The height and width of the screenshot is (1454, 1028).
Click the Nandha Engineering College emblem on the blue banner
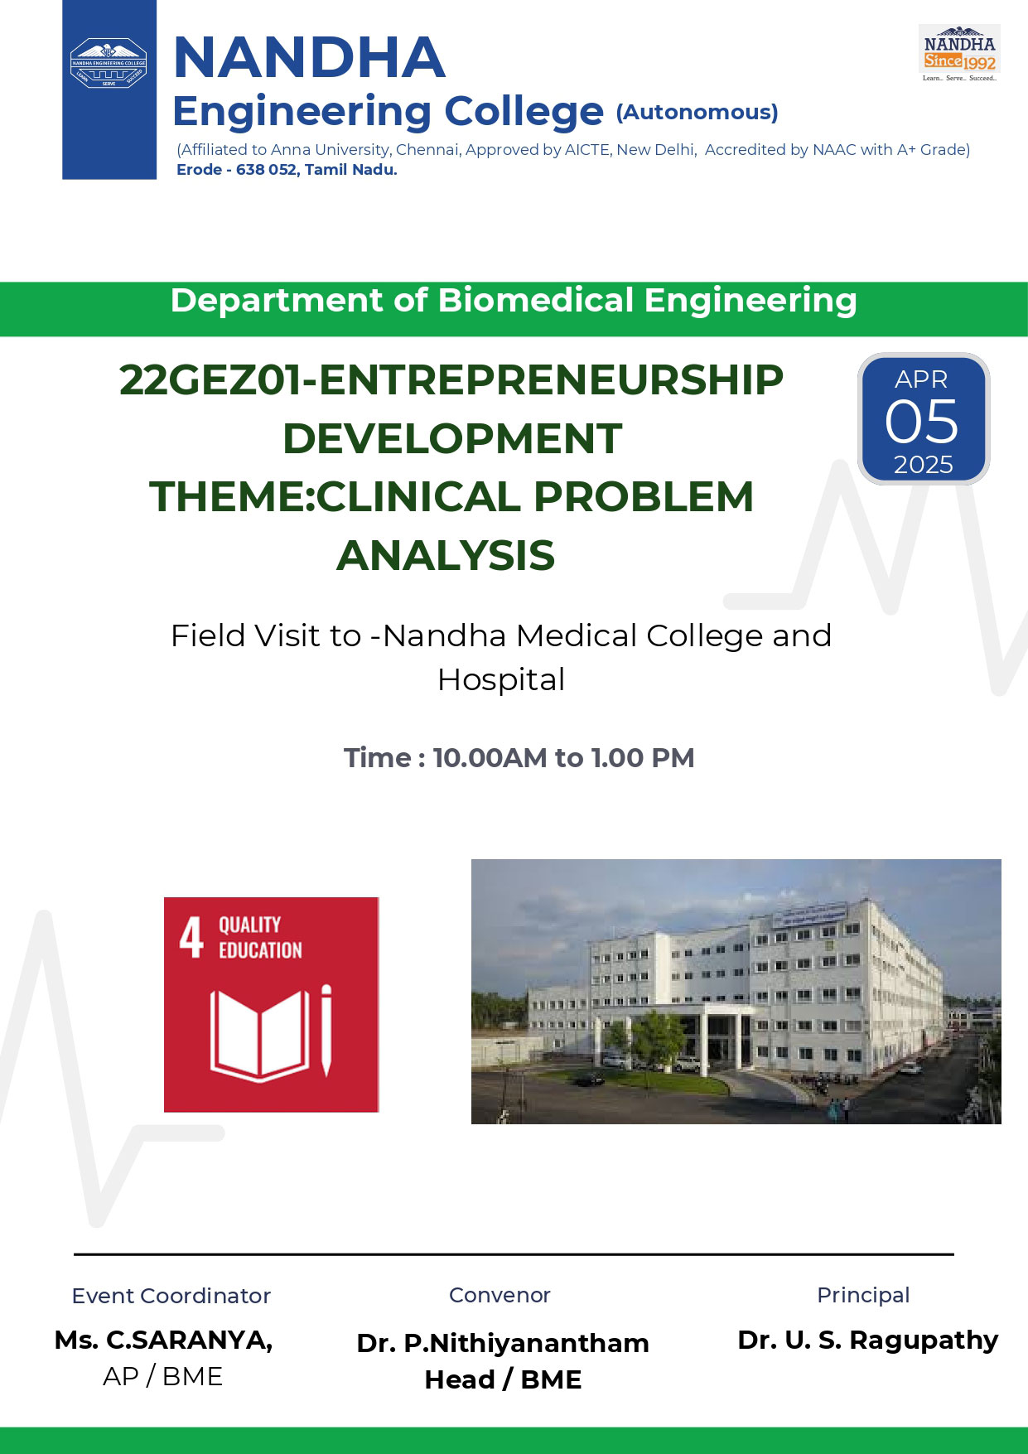coord(109,63)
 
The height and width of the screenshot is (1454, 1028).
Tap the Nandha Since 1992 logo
coord(959,53)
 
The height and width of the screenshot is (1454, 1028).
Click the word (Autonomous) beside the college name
coord(697,112)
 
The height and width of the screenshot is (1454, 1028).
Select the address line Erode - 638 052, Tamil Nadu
coord(287,170)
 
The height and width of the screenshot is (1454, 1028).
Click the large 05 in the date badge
coord(922,422)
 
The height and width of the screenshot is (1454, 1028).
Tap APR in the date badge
coord(921,379)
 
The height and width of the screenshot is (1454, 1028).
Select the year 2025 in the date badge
coord(923,465)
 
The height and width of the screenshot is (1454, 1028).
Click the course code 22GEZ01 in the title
coord(210,380)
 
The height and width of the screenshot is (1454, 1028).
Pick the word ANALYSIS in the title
coord(446,555)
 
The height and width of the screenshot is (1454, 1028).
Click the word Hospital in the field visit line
coord(501,680)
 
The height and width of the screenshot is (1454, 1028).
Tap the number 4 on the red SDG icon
coord(191,937)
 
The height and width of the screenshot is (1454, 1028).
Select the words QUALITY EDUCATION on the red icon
coord(260,938)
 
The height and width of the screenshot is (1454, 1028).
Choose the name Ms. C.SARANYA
coord(163,1340)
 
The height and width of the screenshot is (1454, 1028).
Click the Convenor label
coord(500,1295)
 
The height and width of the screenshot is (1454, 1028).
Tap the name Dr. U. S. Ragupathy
coord(868,1340)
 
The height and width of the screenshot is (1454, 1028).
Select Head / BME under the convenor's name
coord(503,1379)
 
